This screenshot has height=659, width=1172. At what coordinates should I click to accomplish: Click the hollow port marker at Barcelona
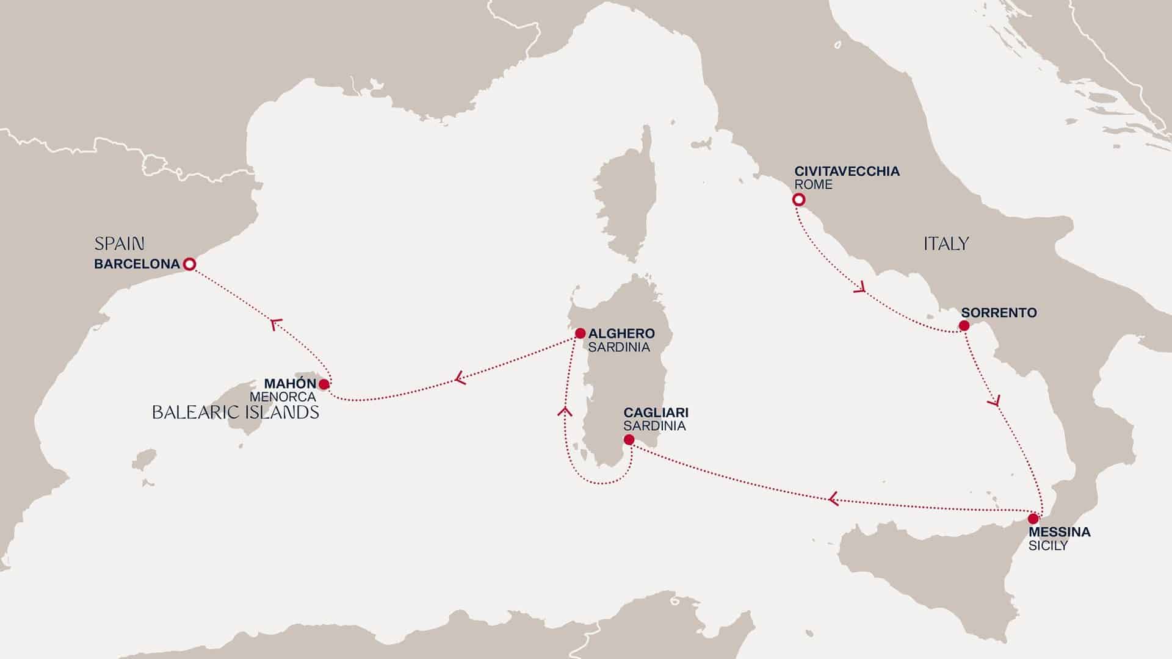click(189, 264)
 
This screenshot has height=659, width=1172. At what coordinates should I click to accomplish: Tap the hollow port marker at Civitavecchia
click(798, 200)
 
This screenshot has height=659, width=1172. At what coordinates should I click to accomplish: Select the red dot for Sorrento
click(964, 326)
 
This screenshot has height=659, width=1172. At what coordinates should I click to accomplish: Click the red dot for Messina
click(1033, 519)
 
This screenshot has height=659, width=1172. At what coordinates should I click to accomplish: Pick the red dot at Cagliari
click(629, 439)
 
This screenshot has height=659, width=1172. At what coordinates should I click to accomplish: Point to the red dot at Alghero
click(580, 334)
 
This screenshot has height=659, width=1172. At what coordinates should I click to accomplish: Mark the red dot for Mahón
click(324, 384)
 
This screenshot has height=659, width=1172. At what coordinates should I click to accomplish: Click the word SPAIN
click(119, 245)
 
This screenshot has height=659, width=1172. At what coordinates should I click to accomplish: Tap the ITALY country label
click(946, 244)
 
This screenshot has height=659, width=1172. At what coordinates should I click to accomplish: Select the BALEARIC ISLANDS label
click(236, 412)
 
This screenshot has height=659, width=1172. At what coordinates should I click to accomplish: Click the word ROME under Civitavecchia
click(813, 184)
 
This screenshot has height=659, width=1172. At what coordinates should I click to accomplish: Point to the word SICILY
click(1047, 546)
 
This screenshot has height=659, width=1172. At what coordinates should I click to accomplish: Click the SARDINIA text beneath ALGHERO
click(619, 347)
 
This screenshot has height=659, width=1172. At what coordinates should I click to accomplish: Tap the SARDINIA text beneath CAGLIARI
click(654, 426)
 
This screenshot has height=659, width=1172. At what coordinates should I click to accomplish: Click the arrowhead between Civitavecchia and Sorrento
click(861, 287)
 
